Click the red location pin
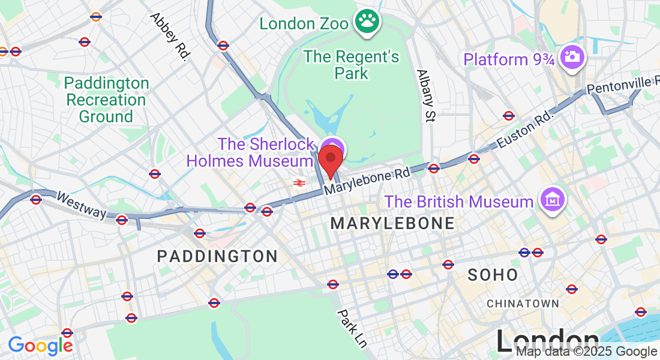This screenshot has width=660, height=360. click(x=330, y=159)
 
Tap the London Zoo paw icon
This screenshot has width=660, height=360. click(x=367, y=22)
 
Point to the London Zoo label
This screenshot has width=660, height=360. click(x=304, y=24)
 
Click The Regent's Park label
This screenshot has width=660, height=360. click(x=351, y=65)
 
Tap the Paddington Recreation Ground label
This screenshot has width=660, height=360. click(x=106, y=100)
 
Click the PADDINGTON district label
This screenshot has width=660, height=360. click(x=217, y=256)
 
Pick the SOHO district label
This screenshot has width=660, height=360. click(x=493, y=275)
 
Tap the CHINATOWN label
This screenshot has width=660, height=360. click(x=523, y=304)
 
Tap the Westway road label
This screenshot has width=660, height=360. click(x=81, y=205)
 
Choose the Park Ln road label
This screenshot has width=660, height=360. click(x=352, y=328)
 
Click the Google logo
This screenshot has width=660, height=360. click(x=40, y=346)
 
